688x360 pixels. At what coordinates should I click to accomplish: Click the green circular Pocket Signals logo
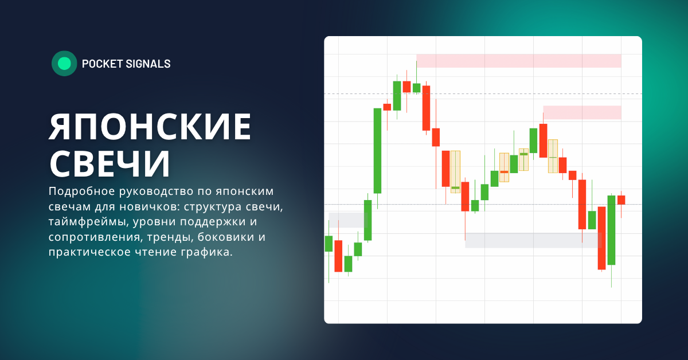tap(64, 64)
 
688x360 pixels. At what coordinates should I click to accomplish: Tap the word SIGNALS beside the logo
tap(148, 64)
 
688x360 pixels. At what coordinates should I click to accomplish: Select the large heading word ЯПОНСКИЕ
tap(150, 127)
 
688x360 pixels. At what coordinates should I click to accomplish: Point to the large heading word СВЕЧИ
tap(110, 163)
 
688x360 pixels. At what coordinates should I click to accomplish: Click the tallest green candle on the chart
tap(377, 151)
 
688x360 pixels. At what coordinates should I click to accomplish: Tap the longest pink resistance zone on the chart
tap(518, 61)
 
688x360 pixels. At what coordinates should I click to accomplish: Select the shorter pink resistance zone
tap(582, 112)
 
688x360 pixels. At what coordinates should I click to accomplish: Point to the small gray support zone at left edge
tap(346, 220)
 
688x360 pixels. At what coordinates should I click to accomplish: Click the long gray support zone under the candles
tap(530, 240)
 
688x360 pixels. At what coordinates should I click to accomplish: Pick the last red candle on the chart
tap(621, 199)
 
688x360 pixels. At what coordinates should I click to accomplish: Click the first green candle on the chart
tap(329, 244)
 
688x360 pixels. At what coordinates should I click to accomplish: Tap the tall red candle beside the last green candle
tap(601, 238)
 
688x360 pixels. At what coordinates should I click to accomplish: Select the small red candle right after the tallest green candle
tap(387, 107)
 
